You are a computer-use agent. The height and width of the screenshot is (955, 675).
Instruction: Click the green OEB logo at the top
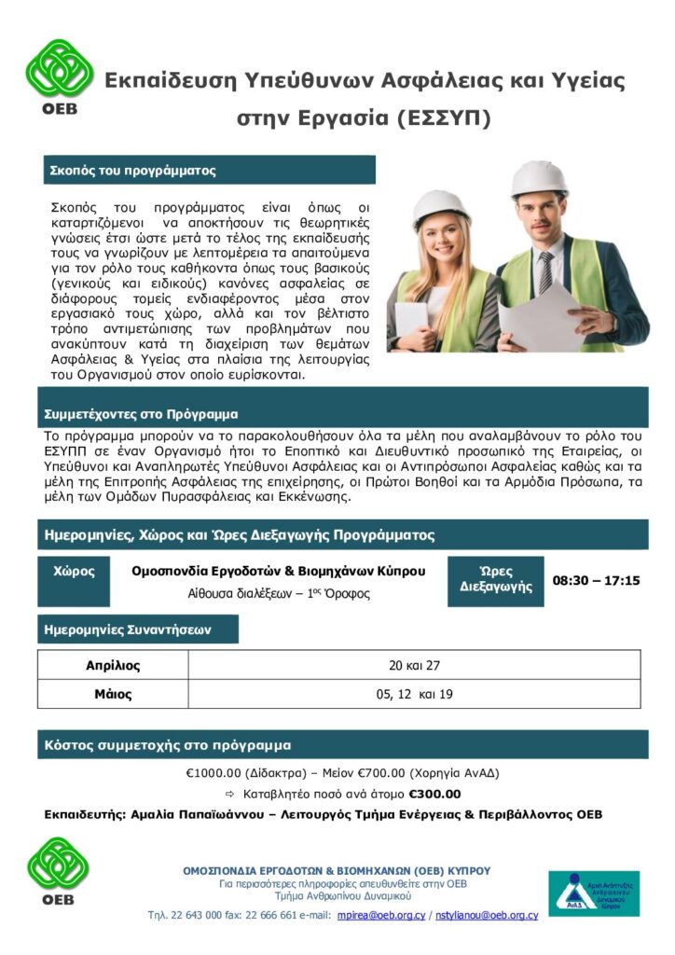60,76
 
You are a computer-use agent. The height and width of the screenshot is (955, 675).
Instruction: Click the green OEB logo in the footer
60,869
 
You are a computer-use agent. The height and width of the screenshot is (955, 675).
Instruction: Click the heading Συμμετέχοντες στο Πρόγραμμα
141,413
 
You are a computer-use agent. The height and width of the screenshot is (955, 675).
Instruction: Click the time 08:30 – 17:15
596,580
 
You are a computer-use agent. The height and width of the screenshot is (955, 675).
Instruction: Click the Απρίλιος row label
113,665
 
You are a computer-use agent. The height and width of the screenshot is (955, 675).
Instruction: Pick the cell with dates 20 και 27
414,665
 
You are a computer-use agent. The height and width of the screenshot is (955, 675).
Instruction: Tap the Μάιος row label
113,694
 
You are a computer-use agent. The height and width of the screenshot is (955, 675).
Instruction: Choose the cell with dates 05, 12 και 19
414,694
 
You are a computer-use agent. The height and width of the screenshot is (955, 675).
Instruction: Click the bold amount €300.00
434,794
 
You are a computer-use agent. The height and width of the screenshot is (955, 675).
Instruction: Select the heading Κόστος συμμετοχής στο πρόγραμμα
168,745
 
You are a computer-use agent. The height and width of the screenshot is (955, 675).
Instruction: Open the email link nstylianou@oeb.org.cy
488,915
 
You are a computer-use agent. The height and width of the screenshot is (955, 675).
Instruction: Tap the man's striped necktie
544,271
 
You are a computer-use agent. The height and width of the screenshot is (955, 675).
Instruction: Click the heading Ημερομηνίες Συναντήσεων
128,630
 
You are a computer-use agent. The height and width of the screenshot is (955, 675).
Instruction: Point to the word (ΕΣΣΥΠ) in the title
442,118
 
